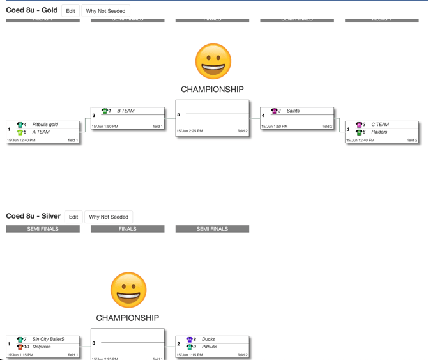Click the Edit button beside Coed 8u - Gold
[70, 11]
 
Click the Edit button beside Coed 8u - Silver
[73, 217]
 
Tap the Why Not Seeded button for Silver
[109, 217]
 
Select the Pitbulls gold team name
[45, 125]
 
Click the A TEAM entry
[41, 132]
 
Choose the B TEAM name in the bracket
[126, 111]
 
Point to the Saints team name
[293, 111]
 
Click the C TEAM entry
[380, 125]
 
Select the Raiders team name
[379, 132]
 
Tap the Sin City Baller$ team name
[48, 340]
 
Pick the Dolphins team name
[42, 347]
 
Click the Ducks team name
[208, 340]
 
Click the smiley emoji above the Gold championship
[213, 61]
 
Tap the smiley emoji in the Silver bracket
[128, 290]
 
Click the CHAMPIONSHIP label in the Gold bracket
[212, 90]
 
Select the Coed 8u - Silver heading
[33, 216]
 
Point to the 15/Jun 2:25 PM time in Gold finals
[190, 131]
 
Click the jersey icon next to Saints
[274, 111]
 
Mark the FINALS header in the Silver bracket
[127, 229]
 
